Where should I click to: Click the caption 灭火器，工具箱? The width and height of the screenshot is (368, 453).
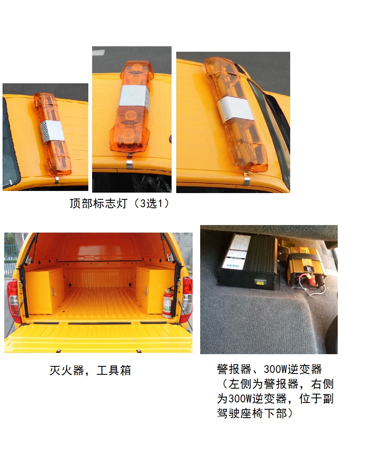click(90, 371)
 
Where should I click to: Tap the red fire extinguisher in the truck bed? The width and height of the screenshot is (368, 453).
click(167, 302)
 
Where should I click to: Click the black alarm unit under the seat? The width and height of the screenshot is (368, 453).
click(247, 262)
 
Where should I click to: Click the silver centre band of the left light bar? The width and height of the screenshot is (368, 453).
click(53, 132)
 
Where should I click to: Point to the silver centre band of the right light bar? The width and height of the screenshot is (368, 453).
click(236, 108)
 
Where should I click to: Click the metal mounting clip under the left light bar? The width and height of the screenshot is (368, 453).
click(56, 180)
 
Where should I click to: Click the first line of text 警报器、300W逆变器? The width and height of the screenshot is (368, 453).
click(269, 370)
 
